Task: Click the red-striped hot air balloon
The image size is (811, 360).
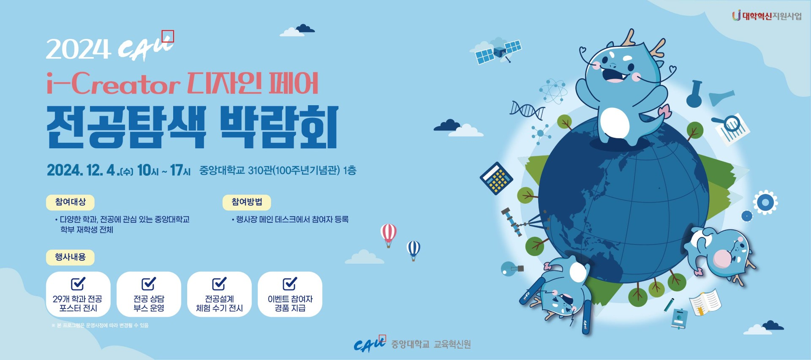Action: click(x=388, y=235)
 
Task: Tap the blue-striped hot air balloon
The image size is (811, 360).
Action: click(x=413, y=250)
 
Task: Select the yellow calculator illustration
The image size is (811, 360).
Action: click(x=496, y=178)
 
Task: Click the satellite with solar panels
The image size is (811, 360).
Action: click(x=498, y=52)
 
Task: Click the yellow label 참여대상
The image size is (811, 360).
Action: click(x=70, y=202)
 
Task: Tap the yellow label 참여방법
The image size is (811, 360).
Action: click(x=247, y=202)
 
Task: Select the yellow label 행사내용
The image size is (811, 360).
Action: click(x=70, y=257)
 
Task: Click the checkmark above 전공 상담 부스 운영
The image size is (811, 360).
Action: click(x=149, y=284)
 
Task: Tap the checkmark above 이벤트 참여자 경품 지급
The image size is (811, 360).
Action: click(x=290, y=284)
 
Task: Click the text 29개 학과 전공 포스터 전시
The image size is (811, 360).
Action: click(x=78, y=303)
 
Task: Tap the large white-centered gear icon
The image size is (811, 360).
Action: click(x=765, y=202)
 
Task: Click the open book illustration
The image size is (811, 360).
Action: click(x=705, y=302)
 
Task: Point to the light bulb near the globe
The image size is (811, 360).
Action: click(x=512, y=269)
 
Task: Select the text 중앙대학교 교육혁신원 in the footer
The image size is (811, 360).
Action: click(x=431, y=344)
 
